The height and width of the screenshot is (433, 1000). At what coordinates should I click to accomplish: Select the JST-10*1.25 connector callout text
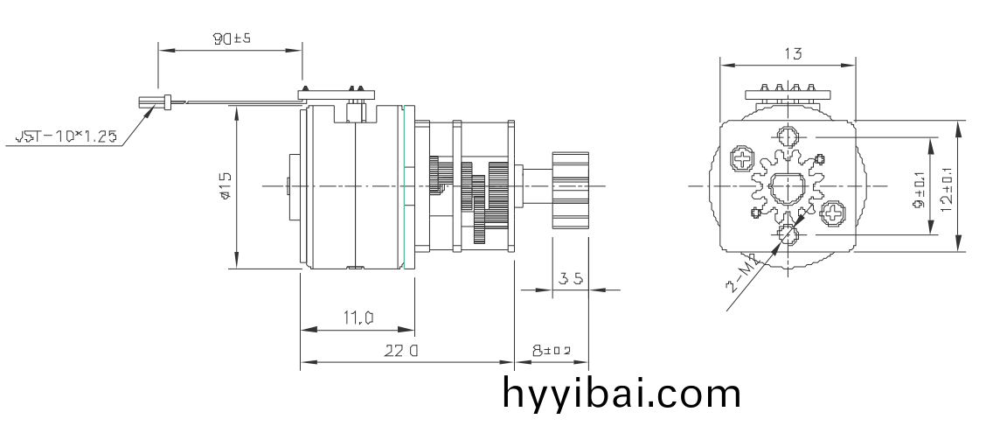click(x=66, y=136)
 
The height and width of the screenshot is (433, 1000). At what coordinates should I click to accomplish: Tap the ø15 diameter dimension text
click(x=226, y=185)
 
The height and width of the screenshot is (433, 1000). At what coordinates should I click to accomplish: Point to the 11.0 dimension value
click(x=357, y=318)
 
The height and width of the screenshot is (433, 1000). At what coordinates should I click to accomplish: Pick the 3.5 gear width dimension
click(x=571, y=279)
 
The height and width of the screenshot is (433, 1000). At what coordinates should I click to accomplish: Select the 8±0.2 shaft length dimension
click(x=552, y=351)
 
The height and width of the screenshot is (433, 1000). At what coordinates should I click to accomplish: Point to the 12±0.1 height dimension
click(x=945, y=185)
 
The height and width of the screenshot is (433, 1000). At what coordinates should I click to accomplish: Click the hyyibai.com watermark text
click(x=622, y=394)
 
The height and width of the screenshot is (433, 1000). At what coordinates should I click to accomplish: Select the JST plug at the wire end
click(x=151, y=102)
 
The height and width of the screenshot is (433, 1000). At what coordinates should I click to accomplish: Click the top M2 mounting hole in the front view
click(x=788, y=136)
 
